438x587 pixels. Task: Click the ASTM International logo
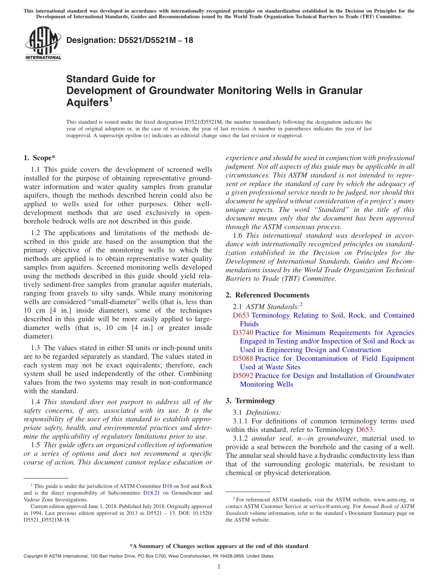pyautogui.click(x=43, y=43)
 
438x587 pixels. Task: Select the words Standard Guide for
pyautogui.click(x=111, y=79)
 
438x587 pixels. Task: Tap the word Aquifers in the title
pyautogui.click(x=87, y=102)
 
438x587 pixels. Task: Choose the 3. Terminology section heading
pyautogui.click(x=255, y=401)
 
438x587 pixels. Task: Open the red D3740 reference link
pyautogui.click(x=243, y=333)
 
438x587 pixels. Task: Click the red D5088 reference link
pyautogui.click(x=243, y=359)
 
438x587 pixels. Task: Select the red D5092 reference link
pyautogui.click(x=243, y=376)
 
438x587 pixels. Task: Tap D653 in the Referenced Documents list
pyautogui.click(x=241, y=315)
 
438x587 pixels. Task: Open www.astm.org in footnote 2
pyautogui.click(x=386, y=499)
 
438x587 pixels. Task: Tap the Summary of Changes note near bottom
pyautogui.click(x=219, y=546)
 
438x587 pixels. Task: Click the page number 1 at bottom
pyautogui.click(x=219, y=567)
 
